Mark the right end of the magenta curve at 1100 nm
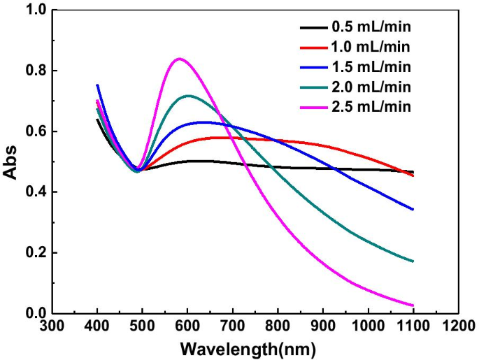[413, 305]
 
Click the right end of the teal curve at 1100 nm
[413, 261]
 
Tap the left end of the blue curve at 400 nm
[97, 85]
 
